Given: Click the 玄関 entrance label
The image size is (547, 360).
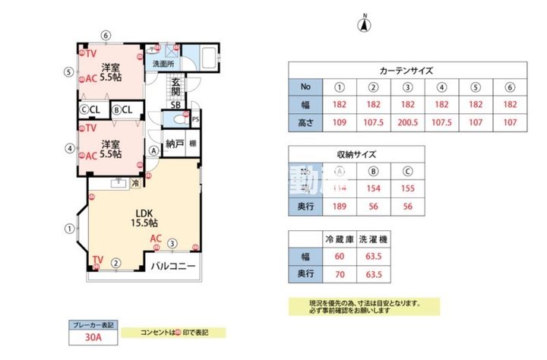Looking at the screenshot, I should point(176,85).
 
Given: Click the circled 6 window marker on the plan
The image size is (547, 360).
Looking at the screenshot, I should point(106,35).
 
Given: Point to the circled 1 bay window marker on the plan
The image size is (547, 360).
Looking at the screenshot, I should point(69,227).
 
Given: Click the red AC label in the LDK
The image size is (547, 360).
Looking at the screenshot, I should point(155,238).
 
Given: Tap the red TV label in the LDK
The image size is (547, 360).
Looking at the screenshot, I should point(97,260).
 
